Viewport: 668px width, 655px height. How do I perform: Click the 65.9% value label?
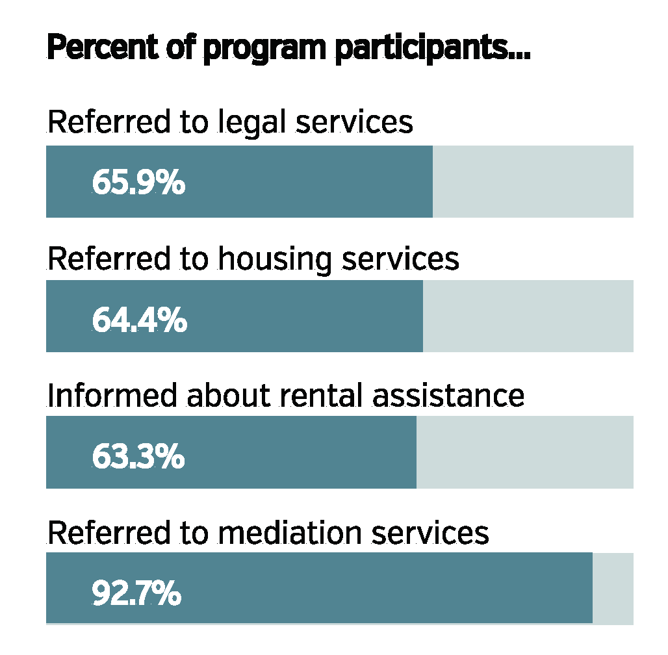click(x=138, y=183)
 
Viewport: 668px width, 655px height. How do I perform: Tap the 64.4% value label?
click(x=139, y=320)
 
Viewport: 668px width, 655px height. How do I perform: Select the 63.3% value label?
click(x=138, y=457)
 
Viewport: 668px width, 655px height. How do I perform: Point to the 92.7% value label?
click(x=136, y=593)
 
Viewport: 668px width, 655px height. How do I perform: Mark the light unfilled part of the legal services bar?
click(x=533, y=182)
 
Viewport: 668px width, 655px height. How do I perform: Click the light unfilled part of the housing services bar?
click(x=528, y=316)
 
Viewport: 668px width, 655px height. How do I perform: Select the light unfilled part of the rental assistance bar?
click(x=524, y=452)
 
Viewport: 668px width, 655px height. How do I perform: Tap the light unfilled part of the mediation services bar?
click(x=613, y=588)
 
